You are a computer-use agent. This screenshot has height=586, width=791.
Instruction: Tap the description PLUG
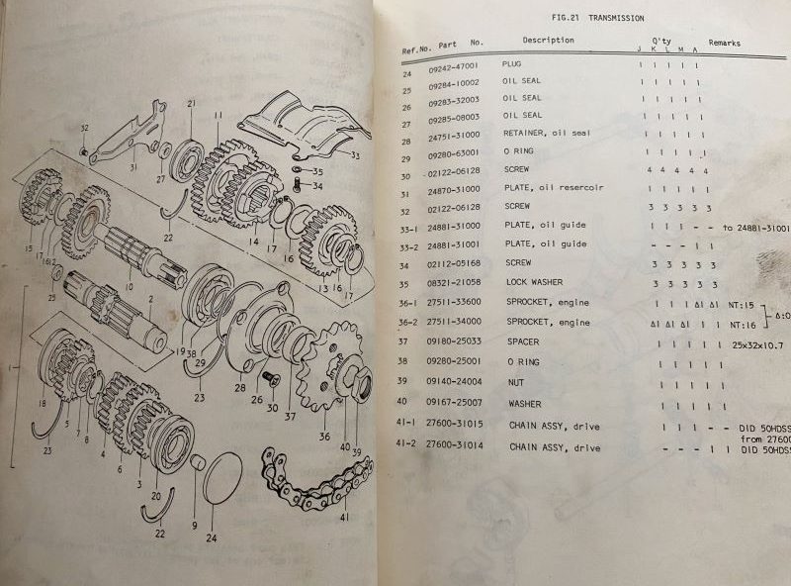click(511, 63)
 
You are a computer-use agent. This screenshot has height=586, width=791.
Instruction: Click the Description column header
click(548, 41)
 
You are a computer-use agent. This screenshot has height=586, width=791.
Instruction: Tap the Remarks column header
click(724, 44)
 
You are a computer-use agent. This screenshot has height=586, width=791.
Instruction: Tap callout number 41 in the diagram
click(343, 518)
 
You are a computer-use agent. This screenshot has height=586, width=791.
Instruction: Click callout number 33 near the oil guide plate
click(355, 155)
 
